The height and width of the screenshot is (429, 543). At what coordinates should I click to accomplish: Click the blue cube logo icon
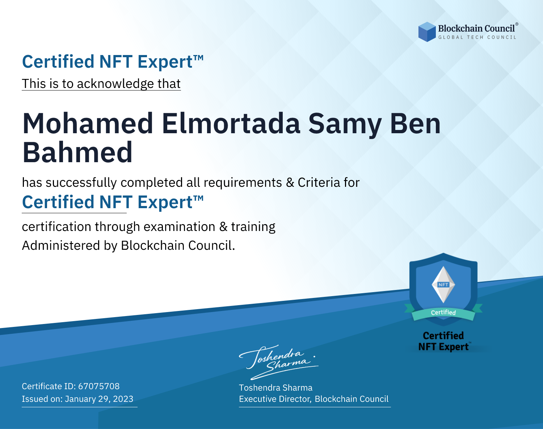point(427,32)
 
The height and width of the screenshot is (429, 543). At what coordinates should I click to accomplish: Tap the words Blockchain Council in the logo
point(476,29)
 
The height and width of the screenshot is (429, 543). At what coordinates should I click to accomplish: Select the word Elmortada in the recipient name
point(231,124)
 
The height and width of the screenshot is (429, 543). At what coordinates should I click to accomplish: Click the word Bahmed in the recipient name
point(77,152)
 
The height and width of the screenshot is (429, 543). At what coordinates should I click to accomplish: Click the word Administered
point(61,245)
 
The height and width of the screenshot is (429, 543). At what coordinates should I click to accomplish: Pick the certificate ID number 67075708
point(99,386)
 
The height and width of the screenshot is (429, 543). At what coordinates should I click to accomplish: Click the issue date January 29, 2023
point(99,399)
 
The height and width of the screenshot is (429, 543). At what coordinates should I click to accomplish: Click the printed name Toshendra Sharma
point(275,388)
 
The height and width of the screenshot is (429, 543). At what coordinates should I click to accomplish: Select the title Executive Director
point(275,399)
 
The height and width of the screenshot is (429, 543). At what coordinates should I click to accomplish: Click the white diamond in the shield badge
point(443,285)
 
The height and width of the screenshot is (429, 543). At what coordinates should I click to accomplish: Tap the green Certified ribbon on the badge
point(443,313)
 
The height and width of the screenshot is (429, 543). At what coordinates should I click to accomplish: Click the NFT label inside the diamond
point(443,285)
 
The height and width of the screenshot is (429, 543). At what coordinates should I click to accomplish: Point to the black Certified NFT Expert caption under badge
point(443,341)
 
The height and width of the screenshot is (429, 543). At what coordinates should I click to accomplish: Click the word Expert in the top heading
point(165,62)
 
